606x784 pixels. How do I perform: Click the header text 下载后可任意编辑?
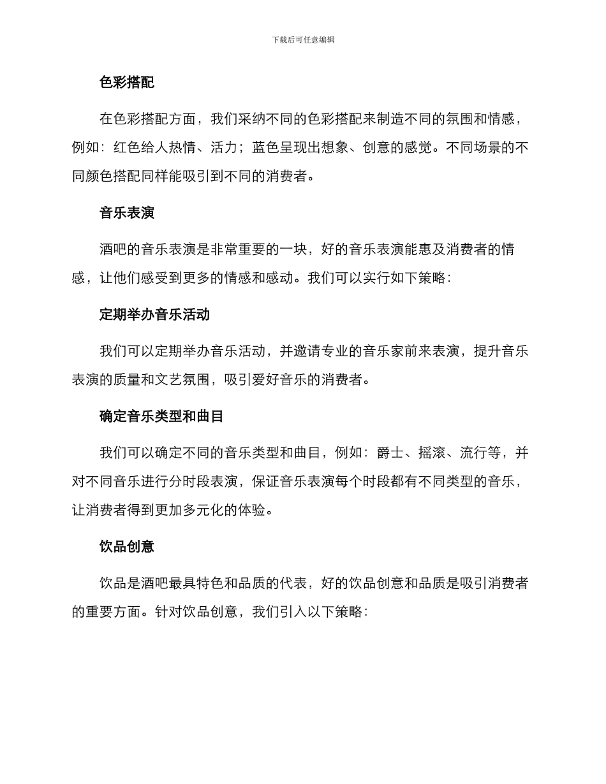(x=303, y=40)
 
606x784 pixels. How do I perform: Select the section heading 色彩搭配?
(x=127, y=82)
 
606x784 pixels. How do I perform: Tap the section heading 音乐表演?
(x=127, y=213)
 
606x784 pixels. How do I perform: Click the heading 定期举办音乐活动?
(x=154, y=315)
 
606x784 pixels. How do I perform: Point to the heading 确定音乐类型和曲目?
(x=161, y=417)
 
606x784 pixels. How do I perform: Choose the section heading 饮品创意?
(x=127, y=547)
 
